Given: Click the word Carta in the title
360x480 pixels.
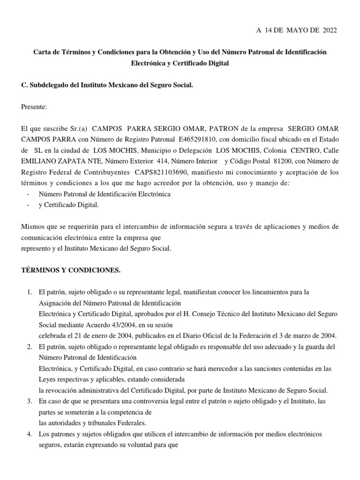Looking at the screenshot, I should point(42,52).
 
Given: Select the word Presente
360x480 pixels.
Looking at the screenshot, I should point(34,106).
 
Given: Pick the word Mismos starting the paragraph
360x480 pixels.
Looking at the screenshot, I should point(32,227).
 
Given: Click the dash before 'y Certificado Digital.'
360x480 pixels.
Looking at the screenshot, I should point(29,205).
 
